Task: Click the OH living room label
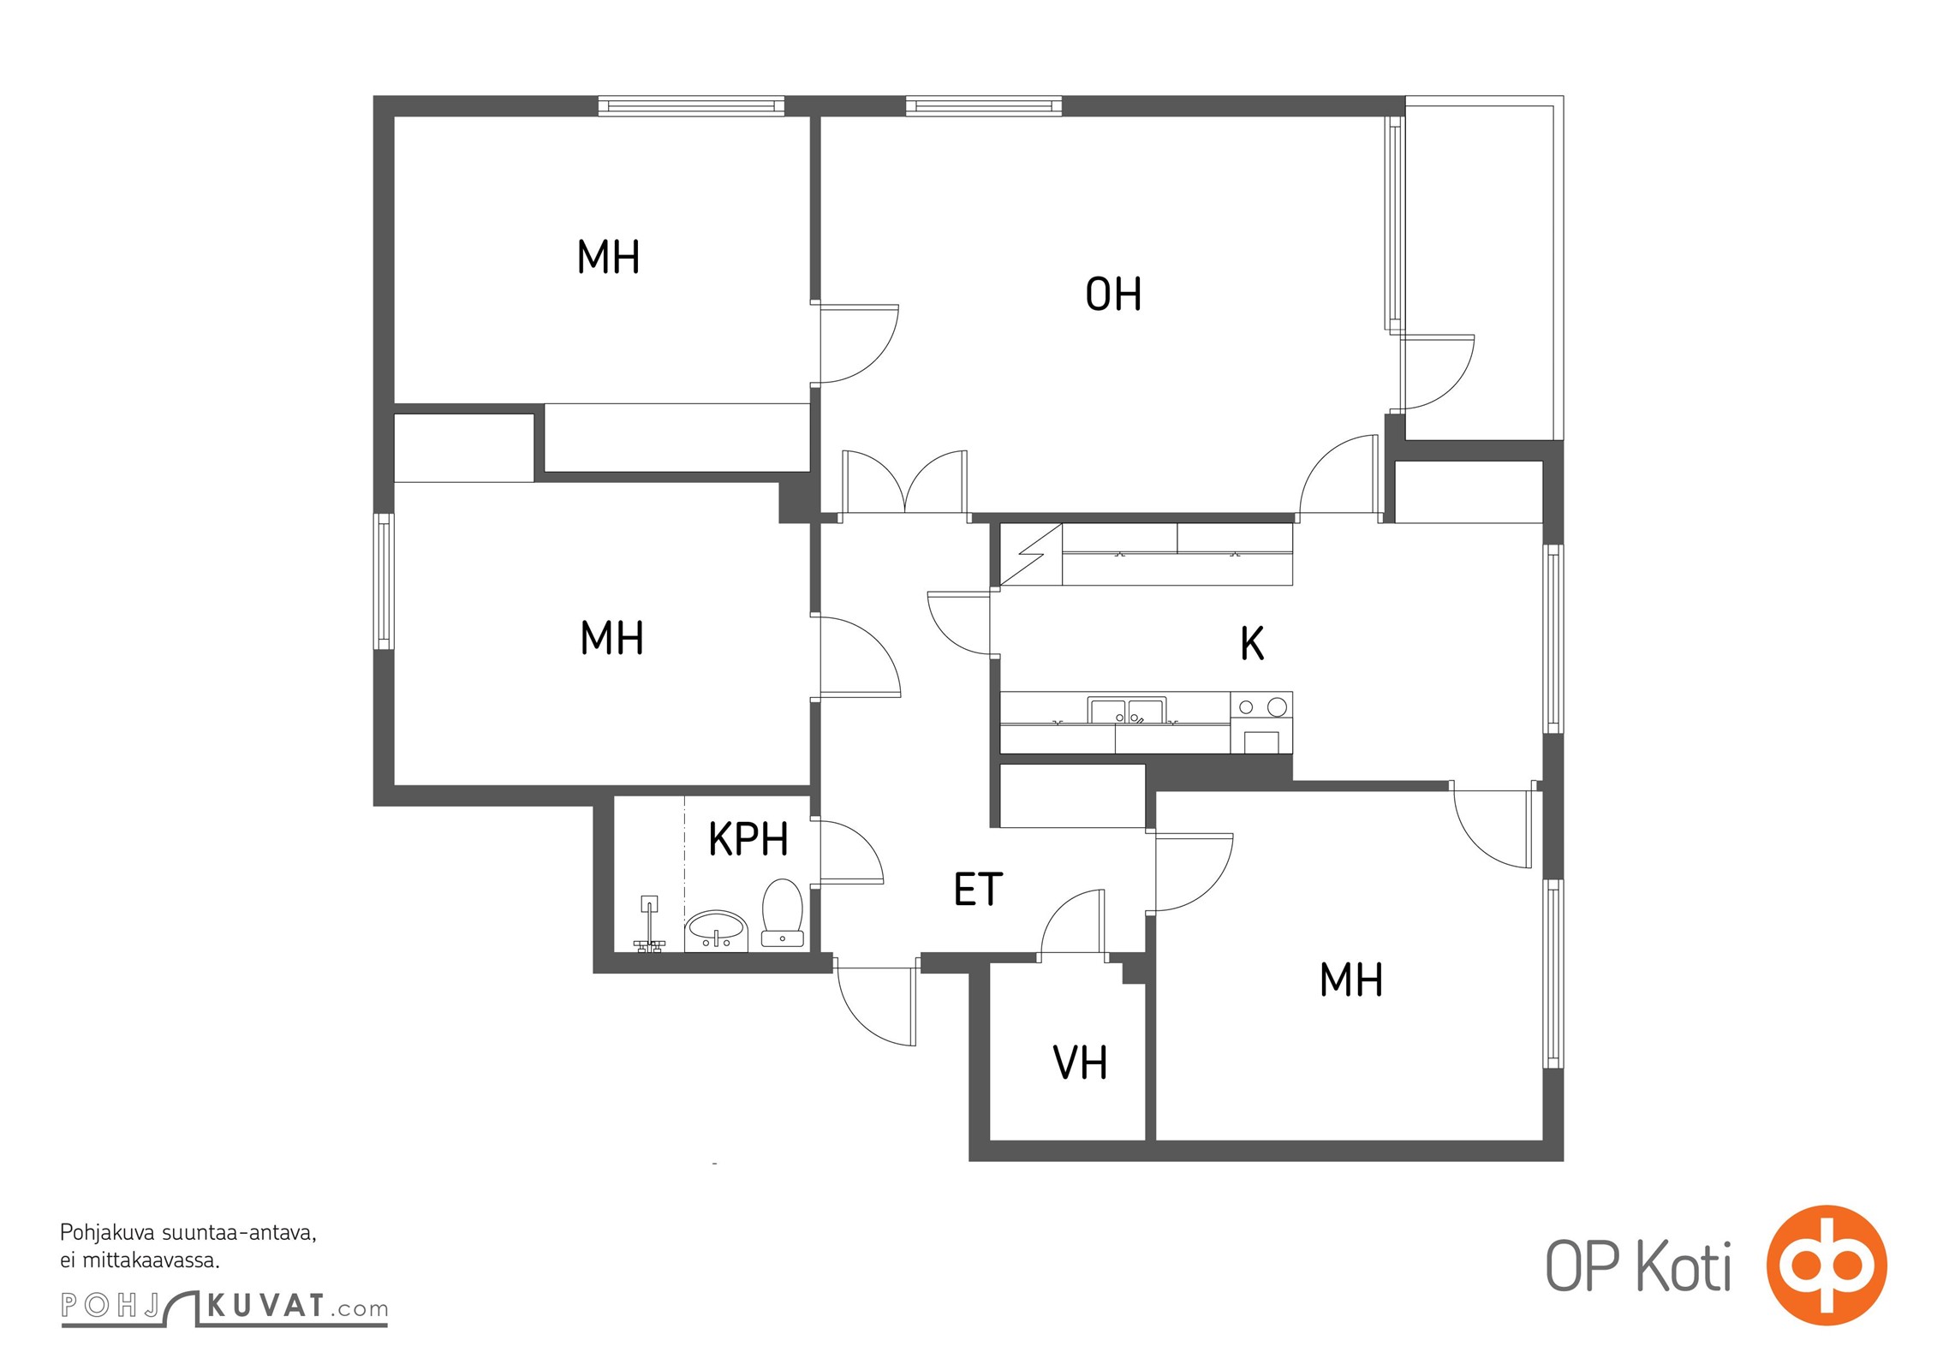1113,294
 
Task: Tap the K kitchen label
1252,643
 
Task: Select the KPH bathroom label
748,839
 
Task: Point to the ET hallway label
978,890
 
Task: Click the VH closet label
1080,1063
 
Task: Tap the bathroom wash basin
716,930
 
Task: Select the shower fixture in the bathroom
649,925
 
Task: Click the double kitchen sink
1126,711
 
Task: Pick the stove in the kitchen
1261,723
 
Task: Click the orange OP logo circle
1827,1265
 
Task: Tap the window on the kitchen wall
1553,639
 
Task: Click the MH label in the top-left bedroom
608,257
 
